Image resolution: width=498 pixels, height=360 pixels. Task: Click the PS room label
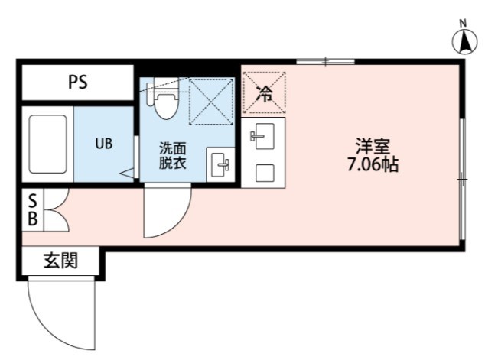coord(78,83)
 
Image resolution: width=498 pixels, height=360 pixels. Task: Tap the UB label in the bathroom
coord(104,144)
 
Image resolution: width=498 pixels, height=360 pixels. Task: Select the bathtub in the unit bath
coord(47,144)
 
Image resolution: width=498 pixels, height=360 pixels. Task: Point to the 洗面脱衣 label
coord(172,156)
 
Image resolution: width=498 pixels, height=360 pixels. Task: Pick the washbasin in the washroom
coord(220,165)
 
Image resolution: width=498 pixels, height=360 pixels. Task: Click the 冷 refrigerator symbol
coord(264,92)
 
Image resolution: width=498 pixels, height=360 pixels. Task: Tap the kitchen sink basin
coord(263,136)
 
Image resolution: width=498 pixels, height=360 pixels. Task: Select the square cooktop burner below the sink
coord(265,173)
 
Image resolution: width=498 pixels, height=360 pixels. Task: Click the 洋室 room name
coord(373,146)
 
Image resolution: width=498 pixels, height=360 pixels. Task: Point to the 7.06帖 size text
coord(373,164)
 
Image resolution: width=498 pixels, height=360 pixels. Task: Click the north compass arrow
coord(464,41)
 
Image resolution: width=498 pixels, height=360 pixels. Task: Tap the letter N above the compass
coord(463,23)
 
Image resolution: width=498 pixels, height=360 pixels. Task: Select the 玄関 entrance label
coord(60,261)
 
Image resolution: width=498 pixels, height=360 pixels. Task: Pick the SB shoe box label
coord(33,210)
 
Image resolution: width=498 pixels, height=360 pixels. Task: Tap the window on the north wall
coord(325,62)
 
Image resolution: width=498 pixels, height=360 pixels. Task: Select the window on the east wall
coord(462,180)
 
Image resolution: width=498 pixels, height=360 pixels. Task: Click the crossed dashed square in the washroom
coord(212,101)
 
